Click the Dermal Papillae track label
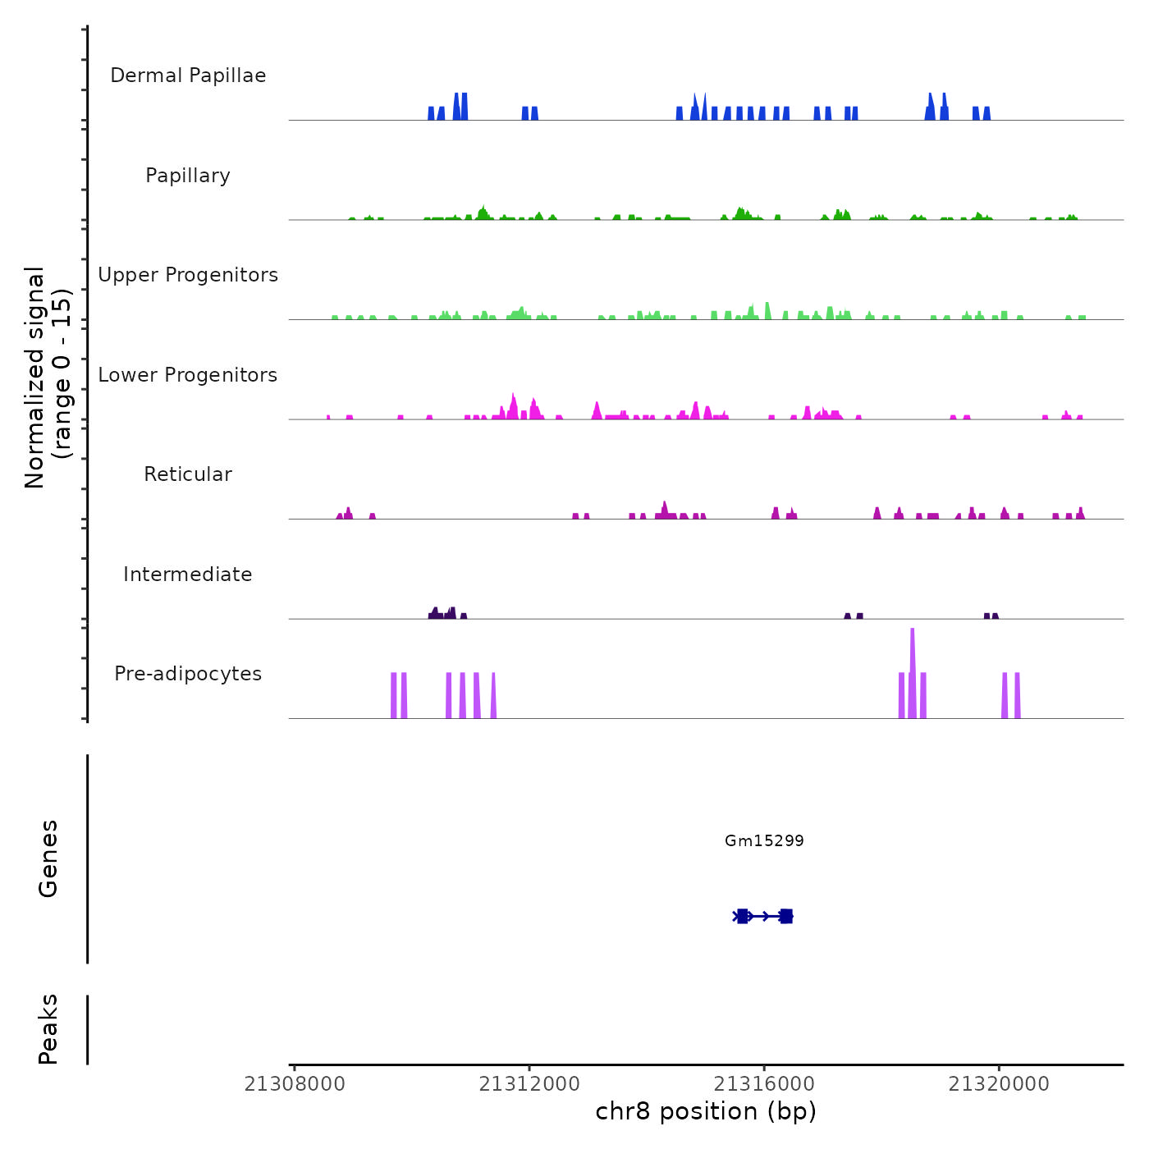coord(188,76)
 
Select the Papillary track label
coord(188,176)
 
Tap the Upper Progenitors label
coord(188,275)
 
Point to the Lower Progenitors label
coord(188,375)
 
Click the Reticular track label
coord(188,474)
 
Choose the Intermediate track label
coord(188,574)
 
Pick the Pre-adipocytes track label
coord(188,674)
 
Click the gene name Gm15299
coord(764,840)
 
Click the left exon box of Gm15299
coord(743,916)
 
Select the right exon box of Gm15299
coord(786,916)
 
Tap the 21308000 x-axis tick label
coord(295,1084)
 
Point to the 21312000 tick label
coord(529,1084)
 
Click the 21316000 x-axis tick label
coord(764,1084)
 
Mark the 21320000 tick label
coord(999,1084)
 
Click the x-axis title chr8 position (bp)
coord(706,1111)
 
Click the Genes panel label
coord(48,858)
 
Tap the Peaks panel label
coord(48,1029)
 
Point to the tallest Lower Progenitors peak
coord(514,402)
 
